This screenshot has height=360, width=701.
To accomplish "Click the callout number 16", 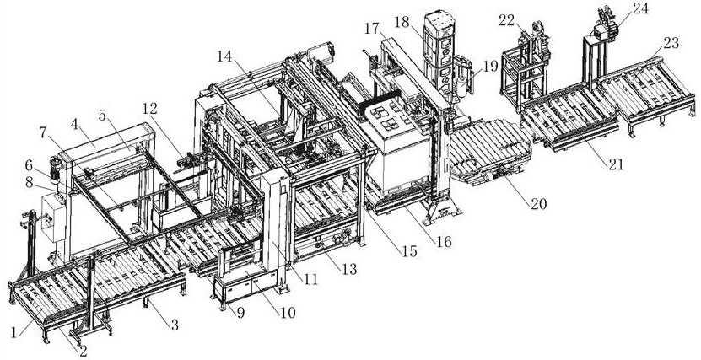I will pyautogui.click(x=443, y=241).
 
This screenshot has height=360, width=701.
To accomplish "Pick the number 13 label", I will pyautogui.click(x=347, y=268).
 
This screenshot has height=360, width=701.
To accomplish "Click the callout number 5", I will pyautogui.click(x=103, y=112).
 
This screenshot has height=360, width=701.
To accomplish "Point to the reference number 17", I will pyautogui.click(x=372, y=28).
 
